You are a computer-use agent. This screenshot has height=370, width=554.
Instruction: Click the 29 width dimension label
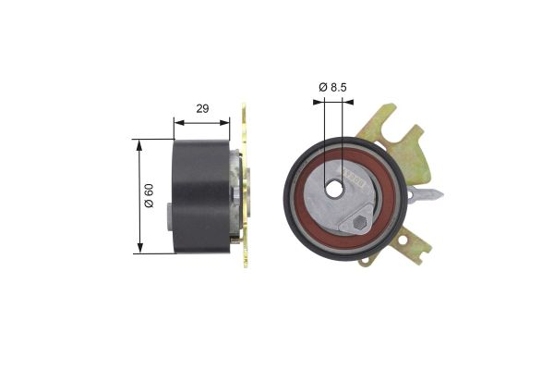[x=202, y=108]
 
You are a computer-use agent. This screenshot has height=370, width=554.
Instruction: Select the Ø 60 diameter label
[x=149, y=196]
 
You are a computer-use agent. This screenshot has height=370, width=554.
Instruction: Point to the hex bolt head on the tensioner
[x=360, y=226]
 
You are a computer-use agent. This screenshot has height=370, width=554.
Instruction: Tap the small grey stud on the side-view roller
[x=167, y=221]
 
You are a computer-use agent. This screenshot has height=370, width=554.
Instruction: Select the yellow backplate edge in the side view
[x=246, y=185]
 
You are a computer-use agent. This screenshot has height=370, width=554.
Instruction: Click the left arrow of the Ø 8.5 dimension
[x=319, y=103]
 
